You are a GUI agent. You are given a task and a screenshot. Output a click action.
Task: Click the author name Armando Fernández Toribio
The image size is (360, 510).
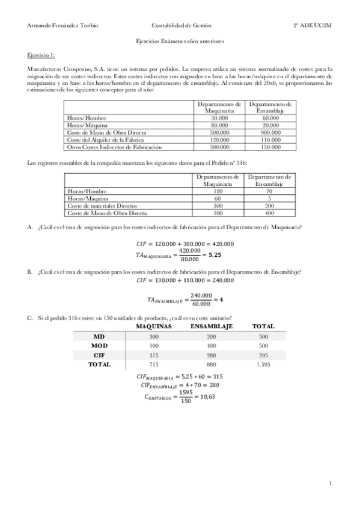[x=55, y=26]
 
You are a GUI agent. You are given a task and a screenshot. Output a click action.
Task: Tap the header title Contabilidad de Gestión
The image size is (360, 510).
[x=181, y=26]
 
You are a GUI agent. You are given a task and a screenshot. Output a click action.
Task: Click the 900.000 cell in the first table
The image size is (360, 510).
[x=270, y=132]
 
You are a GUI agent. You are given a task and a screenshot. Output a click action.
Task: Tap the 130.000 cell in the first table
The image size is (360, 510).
[x=270, y=147]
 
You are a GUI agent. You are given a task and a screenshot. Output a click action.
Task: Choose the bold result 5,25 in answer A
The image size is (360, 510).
[x=215, y=255]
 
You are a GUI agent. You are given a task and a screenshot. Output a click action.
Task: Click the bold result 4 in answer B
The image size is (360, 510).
[x=221, y=299]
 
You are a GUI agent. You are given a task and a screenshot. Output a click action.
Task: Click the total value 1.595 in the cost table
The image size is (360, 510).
[x=263, y=364]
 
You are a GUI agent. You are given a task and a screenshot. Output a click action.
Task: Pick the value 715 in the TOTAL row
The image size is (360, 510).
[x=154, y=364]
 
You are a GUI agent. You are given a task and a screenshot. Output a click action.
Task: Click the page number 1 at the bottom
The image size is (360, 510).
[x=331, y=483]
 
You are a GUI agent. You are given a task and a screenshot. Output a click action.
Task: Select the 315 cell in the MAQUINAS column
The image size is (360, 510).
[x=154, y=355]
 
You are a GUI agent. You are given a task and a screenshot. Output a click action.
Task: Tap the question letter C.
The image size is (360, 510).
[x=30, y=318]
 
